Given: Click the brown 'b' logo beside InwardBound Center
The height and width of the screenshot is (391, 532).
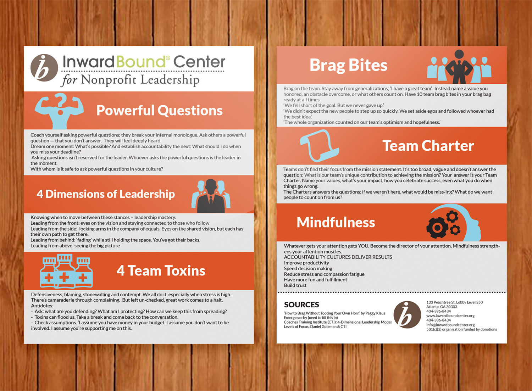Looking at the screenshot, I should [x=44, y=68].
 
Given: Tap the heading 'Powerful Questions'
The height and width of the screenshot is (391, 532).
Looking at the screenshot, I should [x=159, y=111].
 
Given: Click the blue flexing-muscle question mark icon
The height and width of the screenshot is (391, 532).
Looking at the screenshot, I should [x=59, y=110].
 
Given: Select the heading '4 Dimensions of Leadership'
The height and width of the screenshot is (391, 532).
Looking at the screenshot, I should [x=106, y=194].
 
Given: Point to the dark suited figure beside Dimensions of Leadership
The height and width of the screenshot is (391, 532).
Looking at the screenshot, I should [x=211, y=197].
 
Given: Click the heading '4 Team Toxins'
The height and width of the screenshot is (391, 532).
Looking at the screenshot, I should [x=161, y=271].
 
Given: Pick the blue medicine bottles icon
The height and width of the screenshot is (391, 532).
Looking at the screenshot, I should [x=66, y=271].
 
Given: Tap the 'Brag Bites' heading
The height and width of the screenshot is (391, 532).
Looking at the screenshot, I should [x=348, y=65].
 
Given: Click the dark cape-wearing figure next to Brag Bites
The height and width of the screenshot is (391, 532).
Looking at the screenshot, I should [x=459, y=67].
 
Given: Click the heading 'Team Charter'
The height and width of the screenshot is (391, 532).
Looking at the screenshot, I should [x=428, y=146].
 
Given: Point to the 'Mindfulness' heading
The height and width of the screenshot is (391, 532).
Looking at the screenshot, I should [x=336, y=223].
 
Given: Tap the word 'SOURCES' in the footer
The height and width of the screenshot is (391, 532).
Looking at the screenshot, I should [x=301, y=305].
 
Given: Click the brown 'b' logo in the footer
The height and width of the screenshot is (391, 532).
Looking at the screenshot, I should [x=407, y=314].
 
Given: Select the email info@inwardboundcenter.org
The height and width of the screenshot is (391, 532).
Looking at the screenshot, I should [x=450, y=325].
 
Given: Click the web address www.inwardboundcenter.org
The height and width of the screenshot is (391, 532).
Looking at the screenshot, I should [x=450, y=315].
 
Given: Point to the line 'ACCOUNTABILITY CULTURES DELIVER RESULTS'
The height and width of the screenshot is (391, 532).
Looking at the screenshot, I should [x=338, y=257].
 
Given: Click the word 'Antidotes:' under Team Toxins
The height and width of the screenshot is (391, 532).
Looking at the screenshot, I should [x=42, y=306].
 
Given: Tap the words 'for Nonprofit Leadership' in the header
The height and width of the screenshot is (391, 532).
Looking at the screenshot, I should [x=131, y=80].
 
